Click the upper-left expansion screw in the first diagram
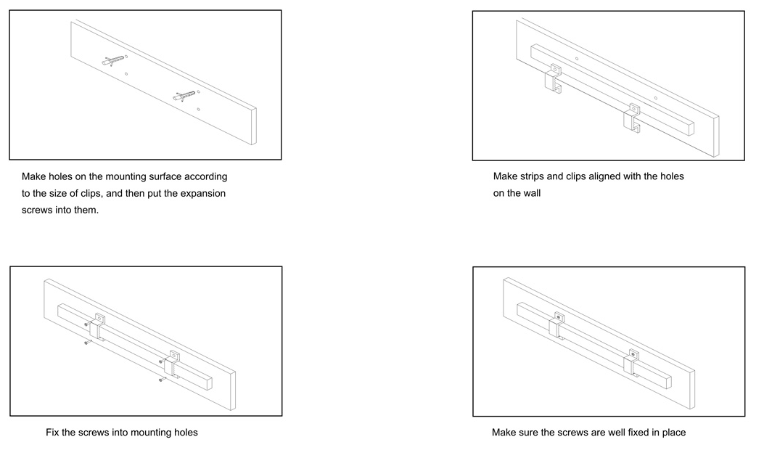[x=113, y=60]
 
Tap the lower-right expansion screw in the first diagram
[x=184, y=96]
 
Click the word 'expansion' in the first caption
[x=202, y=193]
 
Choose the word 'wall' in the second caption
[x=532, y=193]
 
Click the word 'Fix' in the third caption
[x=52, y=432]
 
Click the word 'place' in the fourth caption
[x=674, y=432]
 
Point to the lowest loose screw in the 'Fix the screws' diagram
[x=163, y=379]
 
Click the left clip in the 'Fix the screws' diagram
[x=97, y=327]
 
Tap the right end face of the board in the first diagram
[x=253, y=126]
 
